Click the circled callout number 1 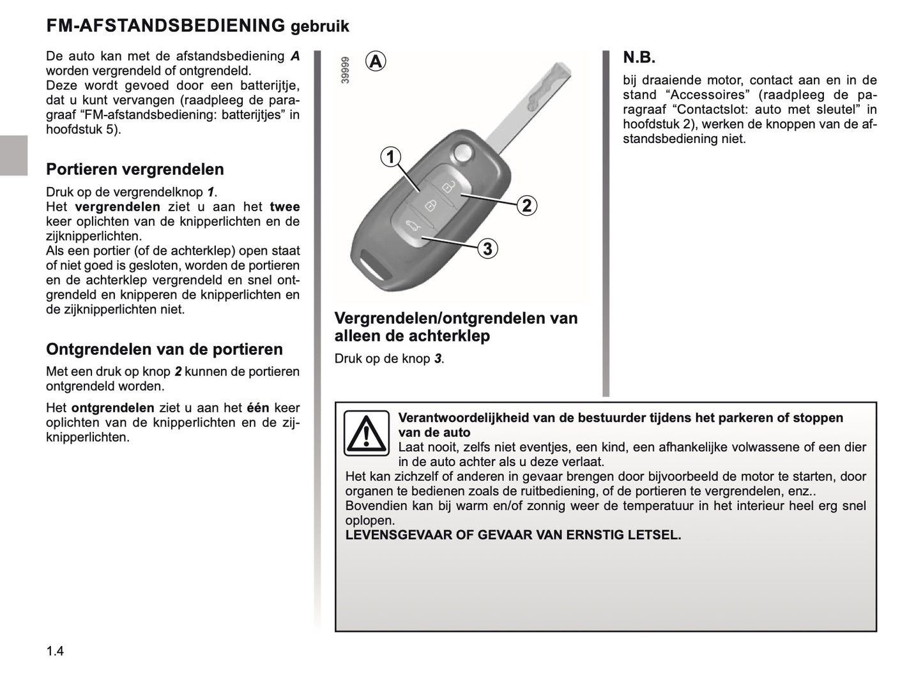pyautogui.click(x=390, y=156)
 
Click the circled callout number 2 pyautogui.click(x=527, y=206)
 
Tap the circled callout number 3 pyautogui.click(x=487, y=248)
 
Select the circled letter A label pyautogui.click(x=376, y=61)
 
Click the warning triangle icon pyautogui.click(x=366, y=433)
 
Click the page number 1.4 pyautogui.click(x=55, y=651)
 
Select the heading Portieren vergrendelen pyautogui.click(x=135, y=169)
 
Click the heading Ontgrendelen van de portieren pyautogui.click(x=164, y=349)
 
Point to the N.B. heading pyautogui.click(x=639, y=58)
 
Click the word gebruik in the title pyautogui.click(x=319, y=27)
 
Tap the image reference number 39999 pyautogui.click(x=346, y=70)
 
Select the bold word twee pyautogui.click(x=284, y=207)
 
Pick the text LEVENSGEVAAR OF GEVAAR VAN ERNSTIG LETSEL pyautogui.click(x=513, y=535)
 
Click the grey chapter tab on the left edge pyautogui.click(x=13, y=155)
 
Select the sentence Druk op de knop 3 pyautogui.click(x=389, y=359)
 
